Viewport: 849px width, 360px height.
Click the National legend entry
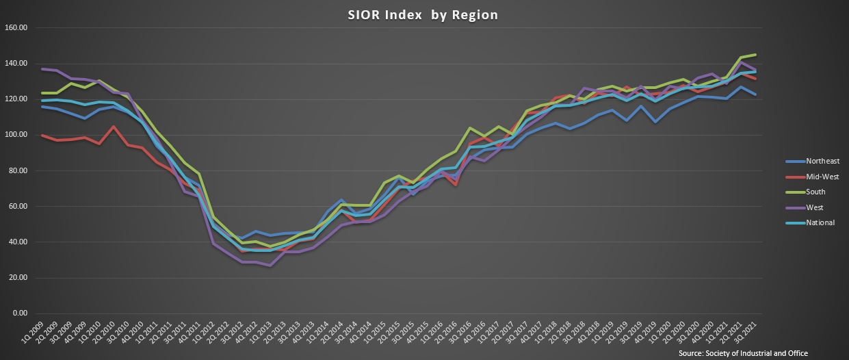tap(810, 222)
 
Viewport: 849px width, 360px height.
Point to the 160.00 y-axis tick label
tap(15, 28)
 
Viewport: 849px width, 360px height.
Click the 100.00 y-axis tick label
tap(15, 135)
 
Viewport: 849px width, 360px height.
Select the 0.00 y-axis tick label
tap(17, 313)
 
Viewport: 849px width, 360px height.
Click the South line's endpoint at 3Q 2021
tap(755, 55)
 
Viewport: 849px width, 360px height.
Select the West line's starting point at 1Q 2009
tap(42, 69)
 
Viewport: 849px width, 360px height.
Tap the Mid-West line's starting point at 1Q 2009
tap(42, 136)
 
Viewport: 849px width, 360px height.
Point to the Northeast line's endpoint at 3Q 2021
tap(755, 94)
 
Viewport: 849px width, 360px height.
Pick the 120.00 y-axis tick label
tap(15, 99)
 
